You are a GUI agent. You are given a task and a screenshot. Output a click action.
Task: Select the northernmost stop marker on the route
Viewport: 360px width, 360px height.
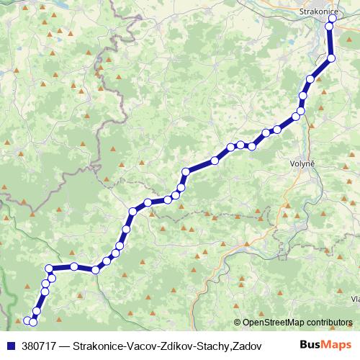click(333, 19)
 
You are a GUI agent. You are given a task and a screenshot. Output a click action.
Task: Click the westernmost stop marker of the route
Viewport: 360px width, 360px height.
click(27, 320)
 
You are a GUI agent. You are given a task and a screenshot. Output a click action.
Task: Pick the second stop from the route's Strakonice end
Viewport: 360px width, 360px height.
click(330, 28)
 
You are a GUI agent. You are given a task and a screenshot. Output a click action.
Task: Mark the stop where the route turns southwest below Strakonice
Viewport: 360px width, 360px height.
click(331, 58)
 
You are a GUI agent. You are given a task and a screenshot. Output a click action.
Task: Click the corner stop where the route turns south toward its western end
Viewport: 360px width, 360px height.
click(50, 269)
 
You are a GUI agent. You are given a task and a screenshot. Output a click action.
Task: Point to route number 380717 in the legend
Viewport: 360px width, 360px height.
click(37, 346)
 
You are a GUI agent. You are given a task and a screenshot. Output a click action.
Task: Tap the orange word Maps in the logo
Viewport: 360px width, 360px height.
click(338, 345)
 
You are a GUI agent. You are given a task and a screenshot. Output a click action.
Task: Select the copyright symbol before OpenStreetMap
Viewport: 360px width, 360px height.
click(238, 323)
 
